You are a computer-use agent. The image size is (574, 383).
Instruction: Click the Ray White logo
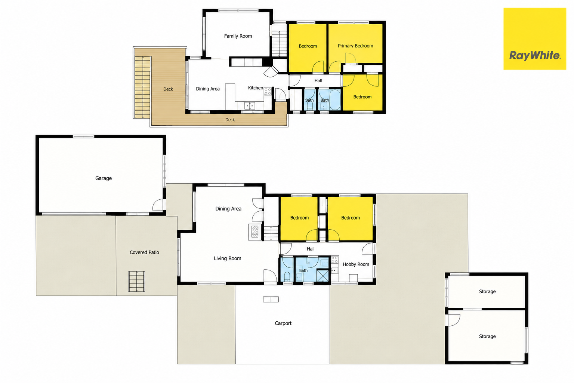tap(534, 39)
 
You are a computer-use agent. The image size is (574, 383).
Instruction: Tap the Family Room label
tap(238, 36)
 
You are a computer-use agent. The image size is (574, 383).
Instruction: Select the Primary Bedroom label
tap(355, 46)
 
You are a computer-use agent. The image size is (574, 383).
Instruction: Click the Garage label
tap(103, 178)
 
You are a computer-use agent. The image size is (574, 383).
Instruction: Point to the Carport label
tap(283, 323)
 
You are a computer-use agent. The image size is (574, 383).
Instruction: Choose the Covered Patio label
tap(144, 252)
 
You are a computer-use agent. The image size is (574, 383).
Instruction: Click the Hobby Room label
tap(356, 264)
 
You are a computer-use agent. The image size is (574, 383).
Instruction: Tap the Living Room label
tap(227, 258)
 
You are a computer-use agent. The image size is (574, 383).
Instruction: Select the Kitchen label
tap(255, 88)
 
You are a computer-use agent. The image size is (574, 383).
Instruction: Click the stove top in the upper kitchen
tap(268, 91)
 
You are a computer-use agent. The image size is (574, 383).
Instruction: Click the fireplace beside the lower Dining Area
tap(255, 232)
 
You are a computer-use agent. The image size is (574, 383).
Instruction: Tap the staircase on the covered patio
tap(136, 281)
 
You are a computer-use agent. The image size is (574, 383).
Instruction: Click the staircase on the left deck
tap(142, 87)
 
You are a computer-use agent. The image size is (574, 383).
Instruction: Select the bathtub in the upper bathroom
tap(335, 99)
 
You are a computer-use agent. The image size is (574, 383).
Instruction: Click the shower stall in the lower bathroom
tap(323, 276)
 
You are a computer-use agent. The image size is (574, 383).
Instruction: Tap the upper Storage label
tap(487, 291)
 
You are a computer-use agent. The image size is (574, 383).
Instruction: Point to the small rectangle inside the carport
tap(271, 299)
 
